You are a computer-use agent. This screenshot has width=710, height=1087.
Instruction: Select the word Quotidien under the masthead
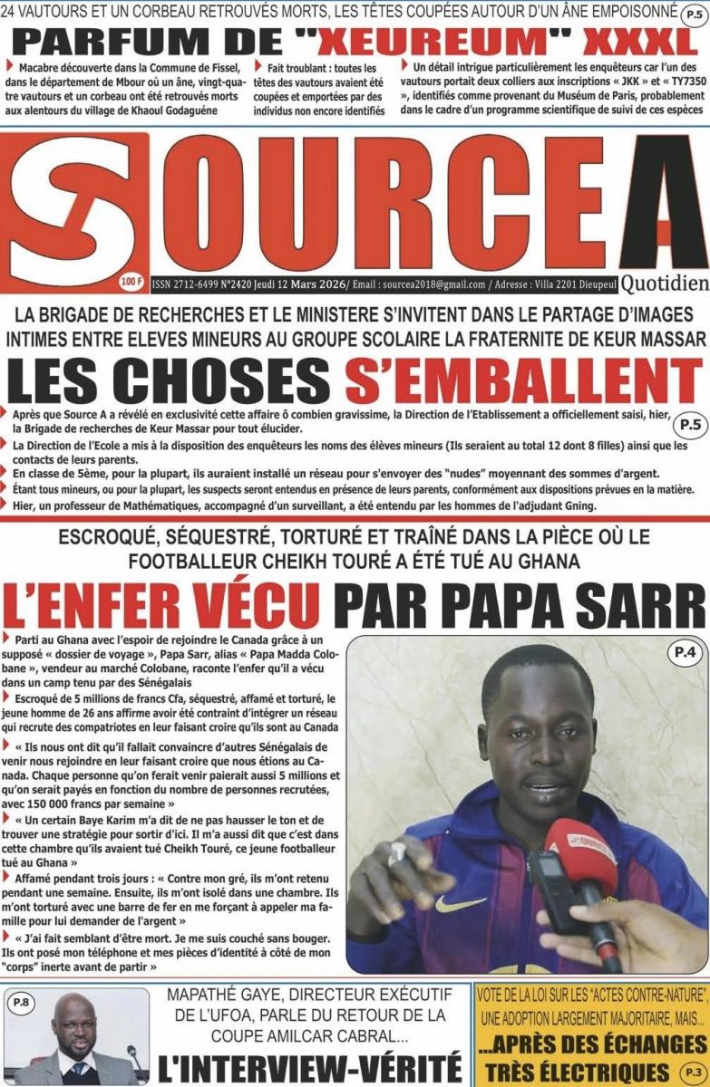(666, 284)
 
